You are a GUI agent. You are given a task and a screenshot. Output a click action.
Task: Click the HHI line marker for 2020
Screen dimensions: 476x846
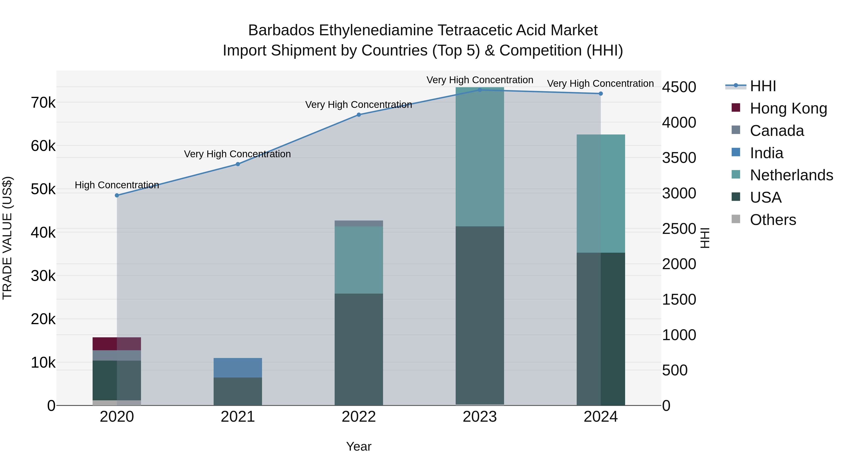(117, 196)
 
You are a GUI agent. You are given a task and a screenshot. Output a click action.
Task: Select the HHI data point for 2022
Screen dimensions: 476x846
(359, 115)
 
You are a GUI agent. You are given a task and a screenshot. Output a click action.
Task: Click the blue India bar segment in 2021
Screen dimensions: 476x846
(238, 368)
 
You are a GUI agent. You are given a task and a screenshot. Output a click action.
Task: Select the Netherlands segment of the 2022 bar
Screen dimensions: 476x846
(359, 260)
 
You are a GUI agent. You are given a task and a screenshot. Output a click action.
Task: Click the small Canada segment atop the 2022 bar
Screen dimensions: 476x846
(359, 223)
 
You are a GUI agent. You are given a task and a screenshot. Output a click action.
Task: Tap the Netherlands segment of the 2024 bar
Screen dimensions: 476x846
(601, 193)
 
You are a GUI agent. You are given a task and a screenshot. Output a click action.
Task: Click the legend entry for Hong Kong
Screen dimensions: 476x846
(788, 108)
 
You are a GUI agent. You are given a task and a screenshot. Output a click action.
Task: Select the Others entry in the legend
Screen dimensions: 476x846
(773, 220)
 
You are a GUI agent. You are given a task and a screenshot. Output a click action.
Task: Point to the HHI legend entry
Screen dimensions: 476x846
(763, 86)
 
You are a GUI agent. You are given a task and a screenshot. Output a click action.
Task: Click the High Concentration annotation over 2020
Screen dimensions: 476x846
(117, 185)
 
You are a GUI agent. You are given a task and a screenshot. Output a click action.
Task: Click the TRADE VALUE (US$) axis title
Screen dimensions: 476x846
(7, 238)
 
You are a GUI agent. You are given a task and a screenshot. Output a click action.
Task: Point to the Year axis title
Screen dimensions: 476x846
(359, 446)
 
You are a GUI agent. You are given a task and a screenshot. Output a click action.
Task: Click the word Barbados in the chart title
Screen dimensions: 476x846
(281, 30)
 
